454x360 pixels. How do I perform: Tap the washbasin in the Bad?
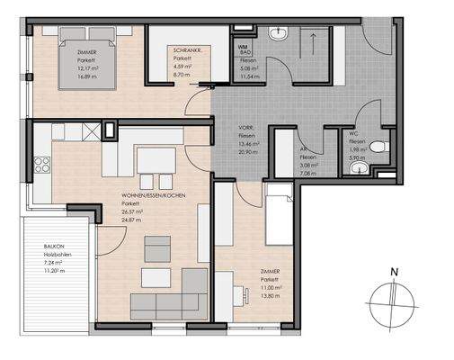(280, 34)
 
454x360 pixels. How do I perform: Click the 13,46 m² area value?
(249, 144)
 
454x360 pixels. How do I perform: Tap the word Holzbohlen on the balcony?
(57, 255)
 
